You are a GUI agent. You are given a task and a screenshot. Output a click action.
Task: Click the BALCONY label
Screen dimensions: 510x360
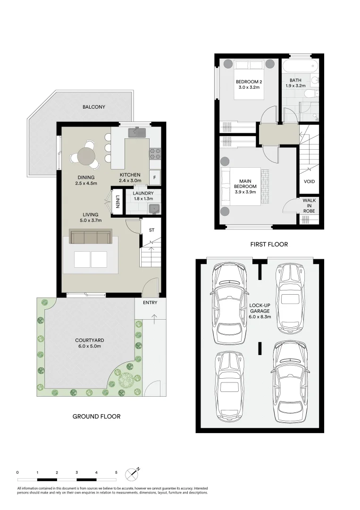(x=93, y=107)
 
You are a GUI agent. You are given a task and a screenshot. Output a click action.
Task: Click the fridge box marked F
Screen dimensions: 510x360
(x=154, y=178)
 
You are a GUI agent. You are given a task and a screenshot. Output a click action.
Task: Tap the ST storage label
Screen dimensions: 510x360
(x=151, y=230)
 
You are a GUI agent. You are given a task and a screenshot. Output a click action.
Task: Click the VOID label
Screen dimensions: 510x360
(x=309, y=181)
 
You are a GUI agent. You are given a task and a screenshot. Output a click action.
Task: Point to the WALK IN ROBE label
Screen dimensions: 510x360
(x=309, y=205)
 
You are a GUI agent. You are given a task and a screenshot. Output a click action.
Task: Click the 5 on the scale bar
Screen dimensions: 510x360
(x=116, y=472)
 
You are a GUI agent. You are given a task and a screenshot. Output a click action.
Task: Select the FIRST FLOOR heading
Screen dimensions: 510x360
(x=269, y=244)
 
